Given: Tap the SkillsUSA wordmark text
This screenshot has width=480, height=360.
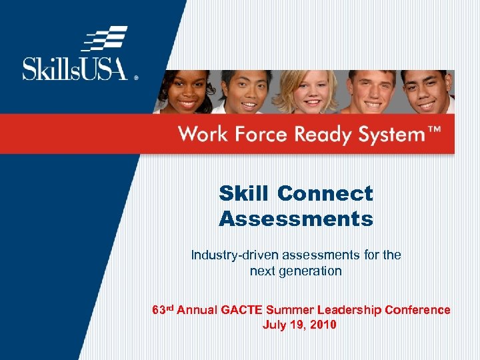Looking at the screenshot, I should (75, 69).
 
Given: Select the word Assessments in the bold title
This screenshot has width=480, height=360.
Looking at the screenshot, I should (295, 219).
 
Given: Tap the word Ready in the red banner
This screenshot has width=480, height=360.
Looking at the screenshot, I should (322, 135).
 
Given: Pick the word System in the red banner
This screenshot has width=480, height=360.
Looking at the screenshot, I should (391, 135).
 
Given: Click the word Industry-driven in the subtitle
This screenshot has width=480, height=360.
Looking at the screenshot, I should (233, 255).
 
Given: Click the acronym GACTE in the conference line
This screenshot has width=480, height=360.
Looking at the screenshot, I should (239, 310).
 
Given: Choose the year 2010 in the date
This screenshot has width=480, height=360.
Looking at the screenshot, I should (323, 325).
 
